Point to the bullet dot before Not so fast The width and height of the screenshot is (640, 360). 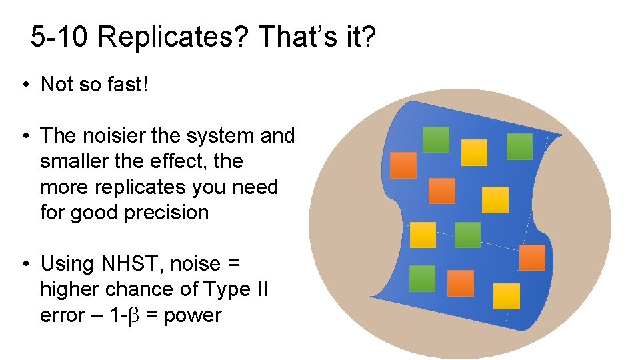(24, 85)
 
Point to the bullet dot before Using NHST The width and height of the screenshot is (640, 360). (24, 264)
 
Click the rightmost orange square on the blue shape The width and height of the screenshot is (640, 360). (532, 258)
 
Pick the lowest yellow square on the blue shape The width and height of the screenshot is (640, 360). (506, 296)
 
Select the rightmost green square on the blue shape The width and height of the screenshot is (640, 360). (519, 147)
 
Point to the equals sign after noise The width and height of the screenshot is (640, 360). (233, 265)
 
